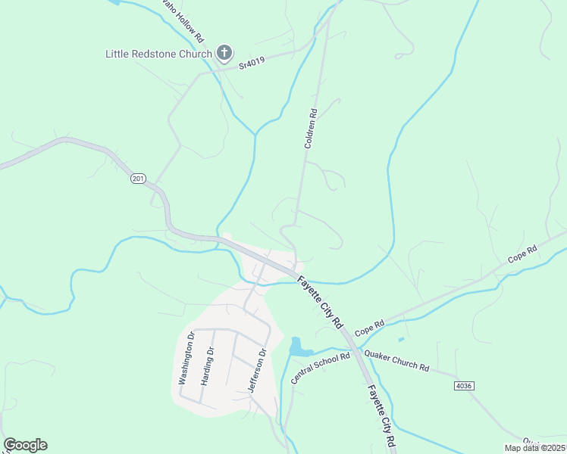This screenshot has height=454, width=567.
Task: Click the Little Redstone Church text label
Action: pyautogui.click(x=158, y=54)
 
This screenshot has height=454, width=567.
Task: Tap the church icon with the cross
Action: pyautogui.click(x=224, y=52)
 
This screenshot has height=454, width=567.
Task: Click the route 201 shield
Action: pyautogui.click(x=137, y=179)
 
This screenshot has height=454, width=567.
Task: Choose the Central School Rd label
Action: pyautogui.click(x=320, y=366)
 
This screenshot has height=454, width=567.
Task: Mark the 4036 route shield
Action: pyautogui.click(x=465, y=386)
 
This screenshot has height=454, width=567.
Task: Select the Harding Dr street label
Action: pyautogui.click(x=208, y=365)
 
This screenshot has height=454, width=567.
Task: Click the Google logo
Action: pyautogui.click(x=25, y=445)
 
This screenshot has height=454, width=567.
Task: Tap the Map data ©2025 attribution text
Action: pyautogui.click(x=535, y=448)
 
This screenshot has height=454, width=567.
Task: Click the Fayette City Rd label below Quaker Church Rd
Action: pyautogui.click(x=380, y=416)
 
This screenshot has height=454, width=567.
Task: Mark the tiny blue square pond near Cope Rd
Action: pyautogui.click(x=401, y=338)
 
